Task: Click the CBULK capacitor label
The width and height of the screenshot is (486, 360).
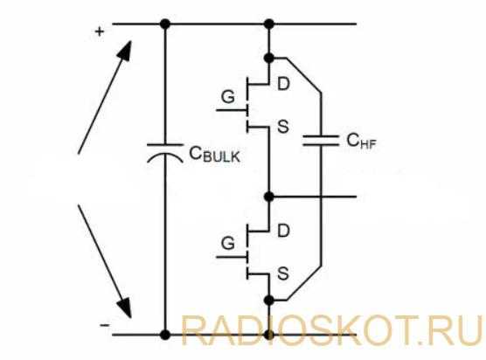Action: [x=214, y=154]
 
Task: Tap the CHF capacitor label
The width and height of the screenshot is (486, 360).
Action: [x=361, y=141]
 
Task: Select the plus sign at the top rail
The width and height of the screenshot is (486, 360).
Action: [x=99, y=31]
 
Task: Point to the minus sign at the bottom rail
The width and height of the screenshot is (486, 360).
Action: [x=104, y=325]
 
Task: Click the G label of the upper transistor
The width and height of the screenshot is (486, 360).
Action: [x=228, y=97]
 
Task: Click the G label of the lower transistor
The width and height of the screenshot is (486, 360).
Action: [x=228, y=243]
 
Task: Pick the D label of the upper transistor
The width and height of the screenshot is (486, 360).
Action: [x=283, y=84]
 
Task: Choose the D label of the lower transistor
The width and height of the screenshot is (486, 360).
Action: [x=283, y=231]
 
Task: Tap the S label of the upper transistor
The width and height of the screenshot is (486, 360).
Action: [x=283, y=127]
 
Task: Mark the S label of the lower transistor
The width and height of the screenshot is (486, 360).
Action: [x=283, y=273]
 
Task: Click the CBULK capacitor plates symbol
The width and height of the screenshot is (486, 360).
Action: [x=165, y=153]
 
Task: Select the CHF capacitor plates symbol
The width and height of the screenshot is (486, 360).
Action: [x=321, y=141]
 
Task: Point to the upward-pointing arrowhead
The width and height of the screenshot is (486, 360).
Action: [x=125, y=52]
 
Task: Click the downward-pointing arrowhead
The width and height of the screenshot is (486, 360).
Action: [x=125, y=307]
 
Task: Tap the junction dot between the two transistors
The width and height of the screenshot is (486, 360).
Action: [x=269, y=197]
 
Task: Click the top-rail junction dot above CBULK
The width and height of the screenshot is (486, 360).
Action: [x=165, y=24]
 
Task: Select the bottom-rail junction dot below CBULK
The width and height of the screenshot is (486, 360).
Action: [x=165, y=335]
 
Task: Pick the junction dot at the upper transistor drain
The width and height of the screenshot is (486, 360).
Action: [x=269, y=58]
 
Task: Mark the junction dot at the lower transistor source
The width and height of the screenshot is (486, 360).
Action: [x=269, y=300]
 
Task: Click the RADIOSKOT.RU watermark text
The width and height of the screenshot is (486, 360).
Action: [x=331, y=330]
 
